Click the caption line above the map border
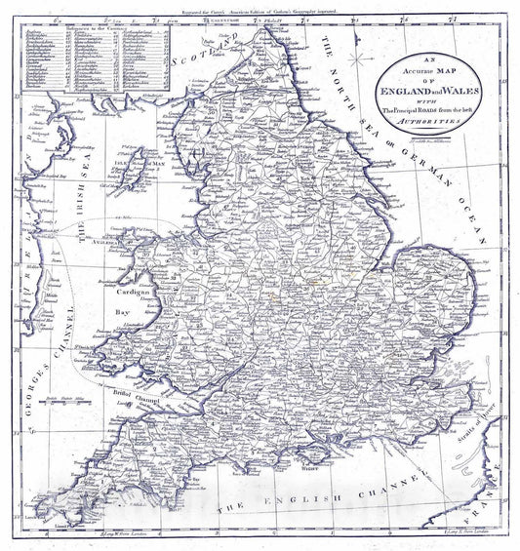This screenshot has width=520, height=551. pyautogui.click(x=260, y=7)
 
